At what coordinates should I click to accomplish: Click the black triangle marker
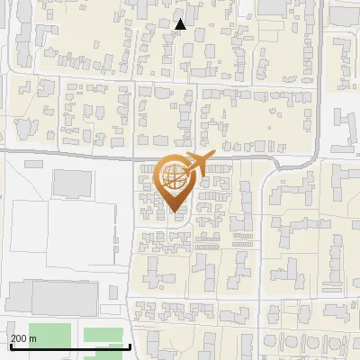point(181,24)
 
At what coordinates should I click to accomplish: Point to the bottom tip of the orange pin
point(175,212)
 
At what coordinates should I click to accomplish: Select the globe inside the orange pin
point(174,177)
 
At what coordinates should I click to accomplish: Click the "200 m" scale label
point(24,338)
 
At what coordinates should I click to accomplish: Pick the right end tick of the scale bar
point(131,346)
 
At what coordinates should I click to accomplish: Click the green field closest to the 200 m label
point(49,334)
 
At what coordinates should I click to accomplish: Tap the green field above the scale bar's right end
point(103,335)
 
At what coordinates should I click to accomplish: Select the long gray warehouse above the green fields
point(51,298)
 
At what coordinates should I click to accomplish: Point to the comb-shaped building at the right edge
point(346,123)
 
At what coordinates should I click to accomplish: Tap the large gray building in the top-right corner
point(343,13)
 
